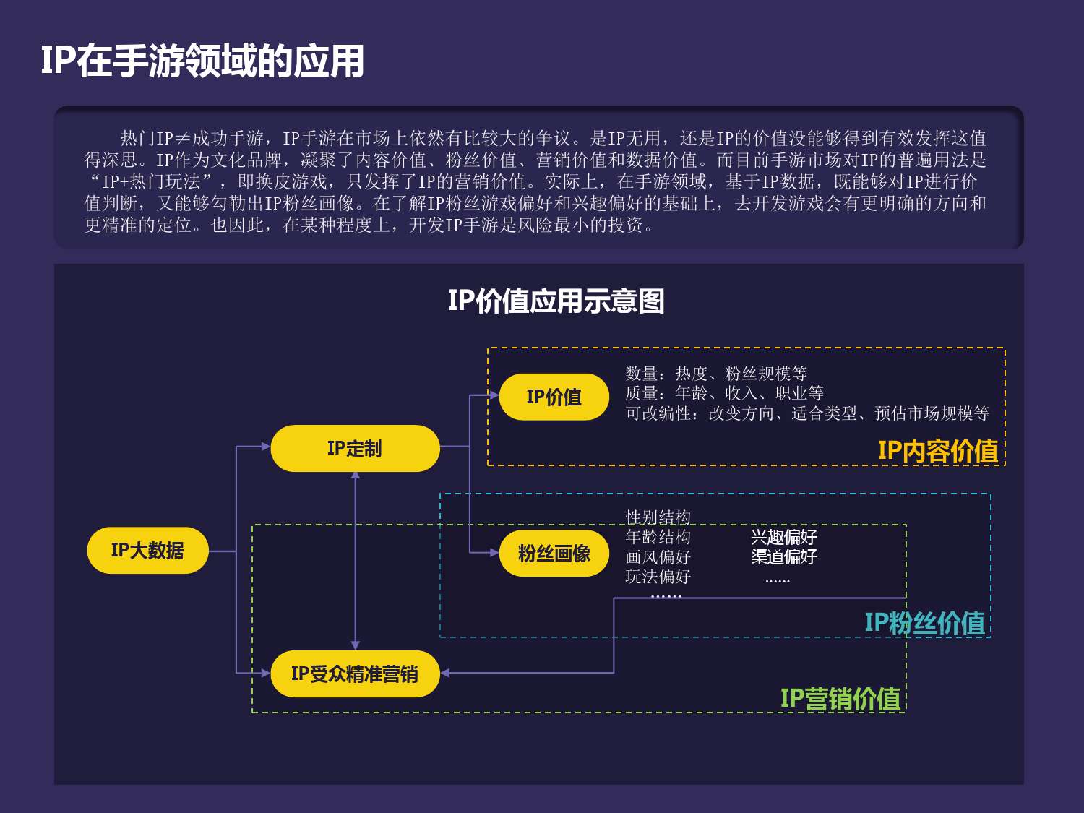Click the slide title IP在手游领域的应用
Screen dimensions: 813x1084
[x=202, y=61]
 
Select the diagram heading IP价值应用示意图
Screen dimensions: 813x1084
[x=556, y=301]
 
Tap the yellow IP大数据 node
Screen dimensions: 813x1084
[x=147, y=551]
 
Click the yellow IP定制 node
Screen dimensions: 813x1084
[x=355, y=449]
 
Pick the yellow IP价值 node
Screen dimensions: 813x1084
[x=554, y=397]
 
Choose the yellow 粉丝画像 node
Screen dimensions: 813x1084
[x=554, y=554]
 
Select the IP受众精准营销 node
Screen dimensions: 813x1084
[x=355, y=674]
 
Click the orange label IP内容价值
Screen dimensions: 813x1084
[x=937, y=451]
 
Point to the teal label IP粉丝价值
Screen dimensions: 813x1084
[x=924, y=622]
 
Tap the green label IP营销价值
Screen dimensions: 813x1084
[x=840, y=699]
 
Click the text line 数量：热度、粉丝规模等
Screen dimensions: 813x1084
[x=716, y=374]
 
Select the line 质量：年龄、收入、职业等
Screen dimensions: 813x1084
[x=724, y=393]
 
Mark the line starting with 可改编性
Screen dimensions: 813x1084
[x=806, y=413]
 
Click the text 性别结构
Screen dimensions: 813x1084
[x=658, y=517]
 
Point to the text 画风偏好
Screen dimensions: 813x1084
[x=658, y=556]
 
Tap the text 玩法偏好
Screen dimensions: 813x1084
[x=658, y=577]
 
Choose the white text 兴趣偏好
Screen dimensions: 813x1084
[x=783, y=537]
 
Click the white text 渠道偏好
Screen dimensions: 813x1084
[x=783, y=556]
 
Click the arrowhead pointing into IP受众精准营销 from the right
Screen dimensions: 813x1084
[x=445, y=673]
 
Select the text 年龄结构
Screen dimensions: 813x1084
[x=658, y=537]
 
